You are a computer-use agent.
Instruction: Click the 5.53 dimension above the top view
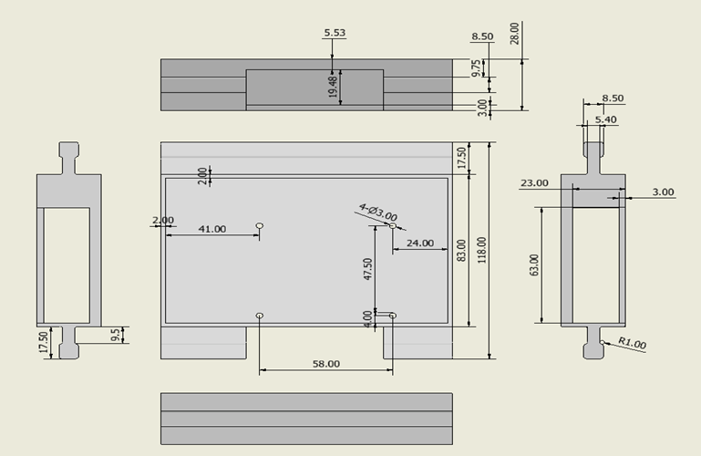pyautogui.click(x=335, y=34)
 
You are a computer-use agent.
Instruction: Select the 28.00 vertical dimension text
pyautogui.click(x=514, y=33)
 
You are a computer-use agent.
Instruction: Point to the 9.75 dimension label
pyautogui.click(x=476, y=69)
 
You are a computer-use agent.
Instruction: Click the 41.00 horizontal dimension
pyautogui.click(x=211, y=229)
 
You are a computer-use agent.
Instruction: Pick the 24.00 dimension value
pyautogui.click(x=420, y=244)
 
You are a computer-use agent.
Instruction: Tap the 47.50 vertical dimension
pyautogui.click(x=367, y=269)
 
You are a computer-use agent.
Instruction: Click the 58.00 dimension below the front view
pyautogui.click(x=325, y=363)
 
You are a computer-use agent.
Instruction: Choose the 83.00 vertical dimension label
pyautogui.click(x=461, y=250)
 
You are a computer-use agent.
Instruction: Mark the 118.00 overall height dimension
pyautogui.click(x=481, y=250)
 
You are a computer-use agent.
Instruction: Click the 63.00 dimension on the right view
pyautogui.click(x=534, y=264)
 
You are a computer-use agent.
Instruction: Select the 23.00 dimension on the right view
pyautogui.click(x=534, y=182)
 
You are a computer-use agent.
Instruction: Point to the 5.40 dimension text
pyautogui.click(x=605, y=119)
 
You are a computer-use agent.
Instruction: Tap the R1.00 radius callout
pyautogui.click(x=632, y=344)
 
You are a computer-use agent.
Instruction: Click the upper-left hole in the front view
pyautogui.click(x=260, y=224)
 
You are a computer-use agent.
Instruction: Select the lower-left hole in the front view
pyautogui.click(x=260, y=316)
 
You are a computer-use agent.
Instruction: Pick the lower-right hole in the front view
pyautogui.click(x=393, y=316)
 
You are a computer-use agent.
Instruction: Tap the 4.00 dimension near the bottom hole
pyautogui.click(x=367, y=317)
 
